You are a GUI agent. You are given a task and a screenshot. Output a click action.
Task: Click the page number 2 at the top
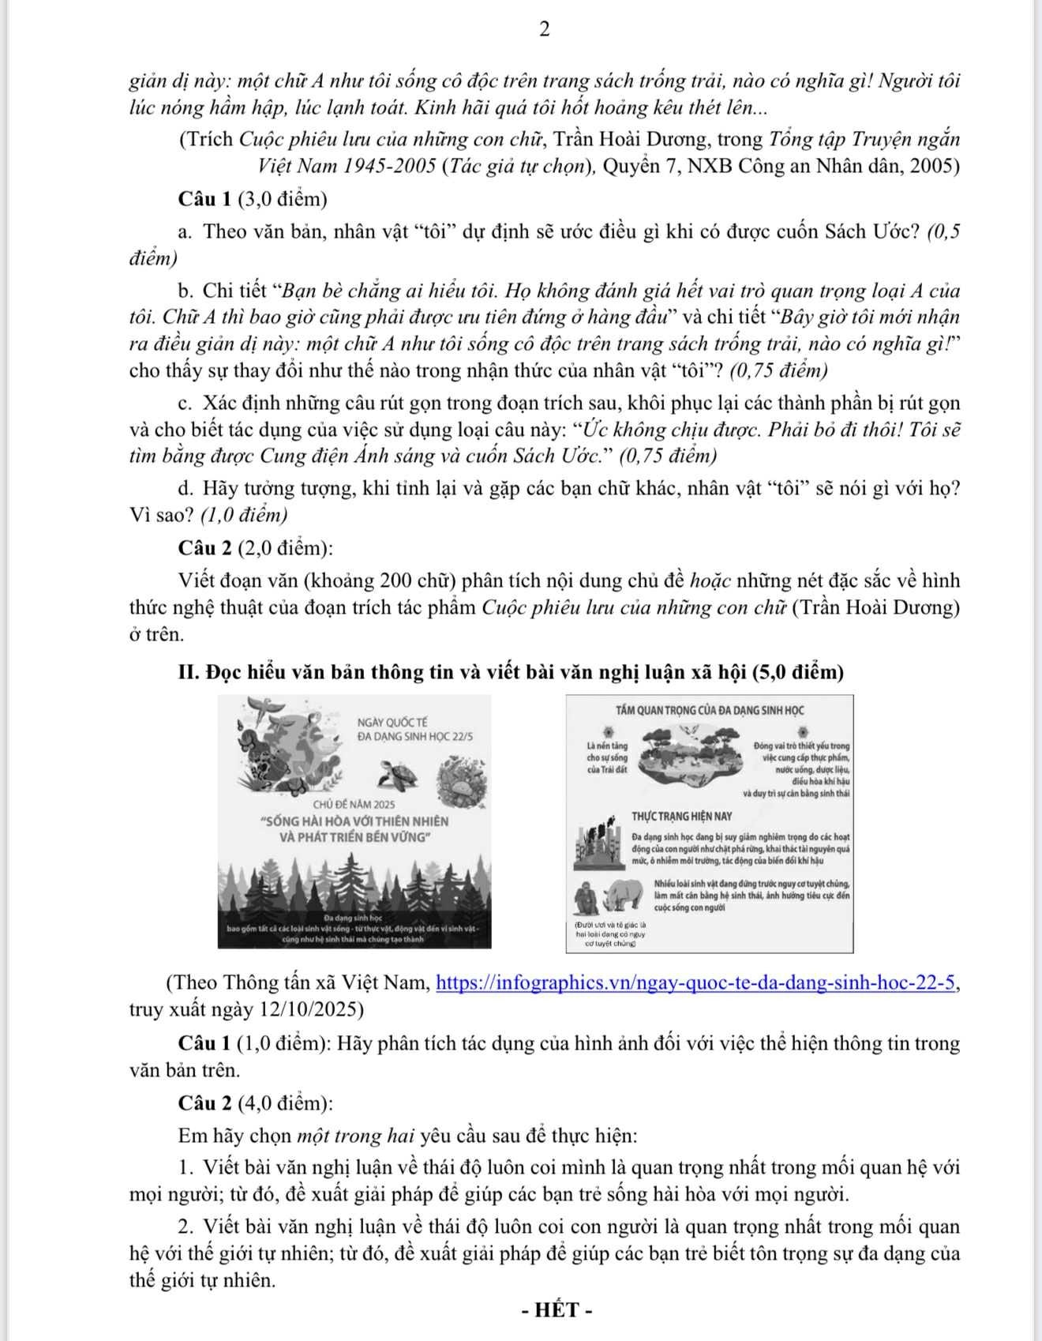(544, 30)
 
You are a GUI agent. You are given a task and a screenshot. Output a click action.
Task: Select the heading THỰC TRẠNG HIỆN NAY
(681, 816)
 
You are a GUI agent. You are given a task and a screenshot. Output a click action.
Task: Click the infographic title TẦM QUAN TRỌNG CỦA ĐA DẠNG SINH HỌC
(710, 710)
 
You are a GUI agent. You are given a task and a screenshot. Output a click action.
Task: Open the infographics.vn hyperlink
(696, 982)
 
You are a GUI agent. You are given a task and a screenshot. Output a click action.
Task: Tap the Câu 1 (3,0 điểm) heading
(253, 199)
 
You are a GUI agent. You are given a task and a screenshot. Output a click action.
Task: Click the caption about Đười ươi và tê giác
(609, 933)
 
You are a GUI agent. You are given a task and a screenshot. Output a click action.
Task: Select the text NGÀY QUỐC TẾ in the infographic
(392, 722)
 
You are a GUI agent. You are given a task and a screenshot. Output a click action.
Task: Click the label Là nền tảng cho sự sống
(608, 757)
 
